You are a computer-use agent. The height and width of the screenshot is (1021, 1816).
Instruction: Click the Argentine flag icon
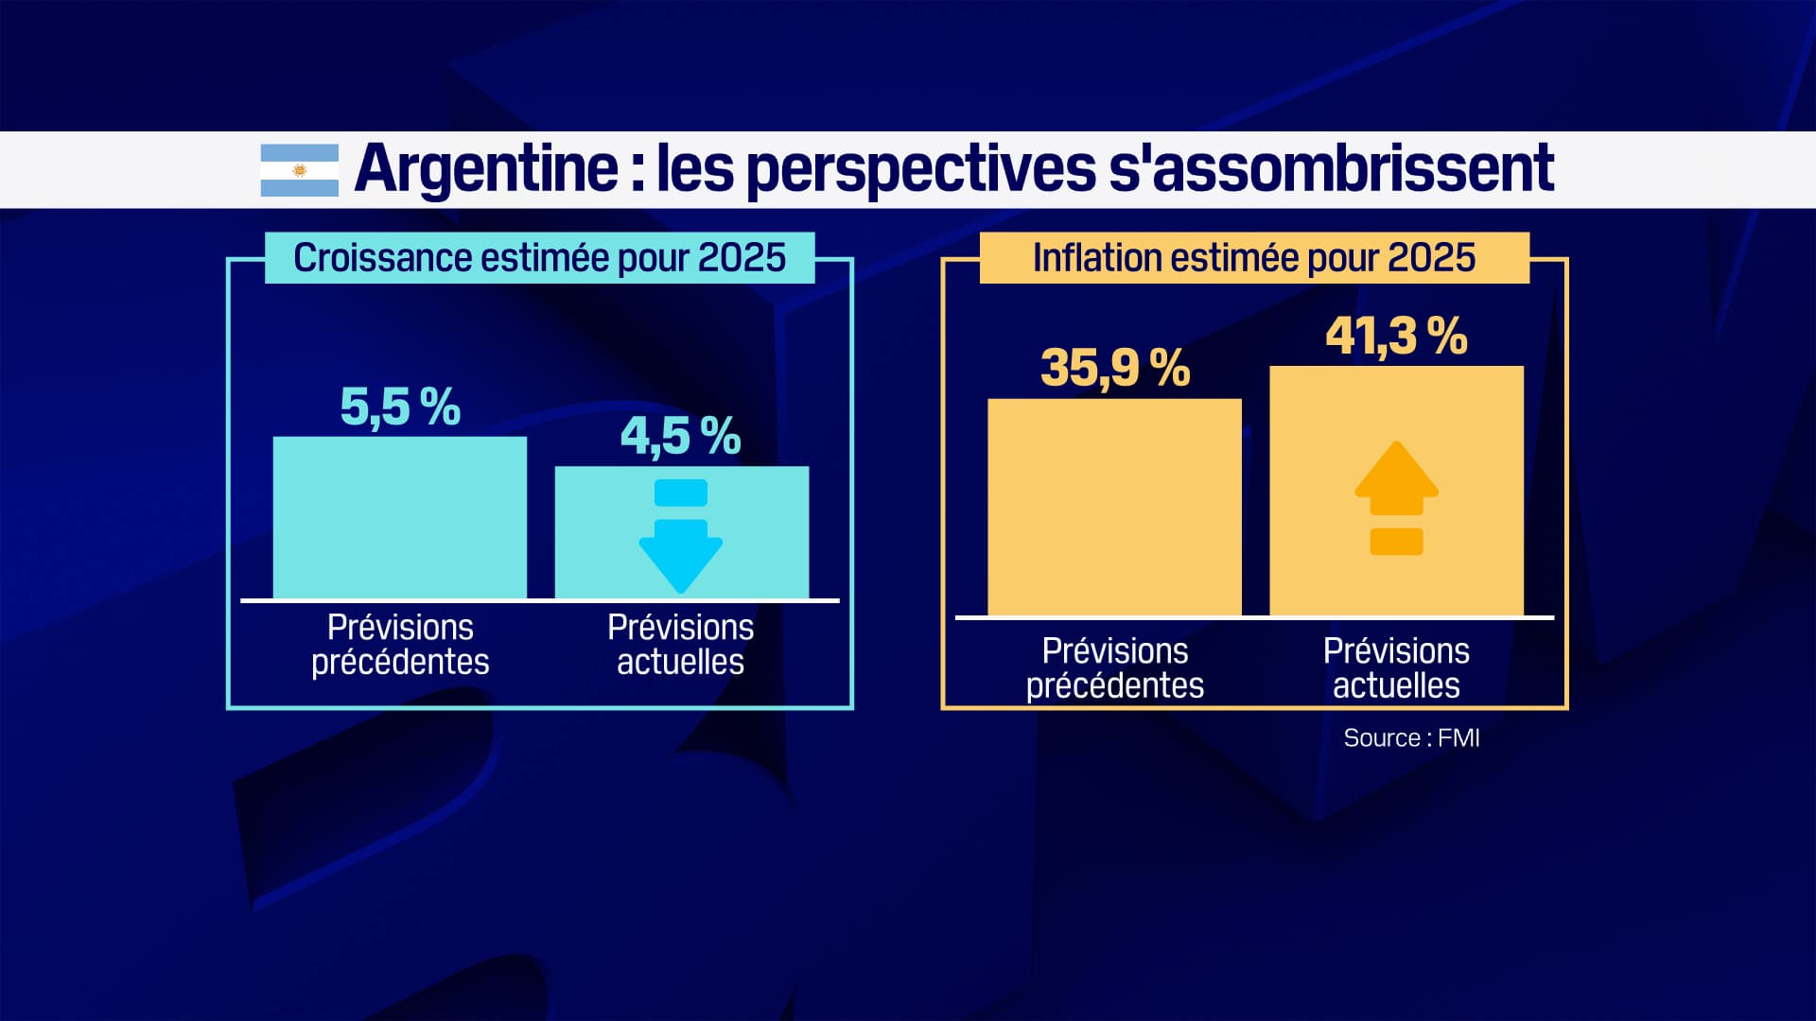(x=299, y=170)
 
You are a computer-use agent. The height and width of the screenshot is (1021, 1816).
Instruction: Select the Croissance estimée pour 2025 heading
(x=539, y=258)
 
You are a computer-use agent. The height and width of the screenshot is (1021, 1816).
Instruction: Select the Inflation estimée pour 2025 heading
(x=1253, y=258)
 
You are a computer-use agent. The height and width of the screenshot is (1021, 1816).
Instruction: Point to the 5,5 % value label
(x=400, y=407)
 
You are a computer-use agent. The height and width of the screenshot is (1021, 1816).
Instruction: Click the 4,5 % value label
(x=680, y=437)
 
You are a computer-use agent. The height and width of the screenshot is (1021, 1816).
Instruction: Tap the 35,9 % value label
(x=1114, y=368)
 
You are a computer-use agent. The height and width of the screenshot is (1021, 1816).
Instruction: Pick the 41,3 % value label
(x=1395, y=337)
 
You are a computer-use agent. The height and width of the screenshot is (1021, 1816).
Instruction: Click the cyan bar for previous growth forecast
(x=400, y=517)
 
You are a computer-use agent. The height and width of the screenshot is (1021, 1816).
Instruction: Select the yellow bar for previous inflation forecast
(x=1114, y=508)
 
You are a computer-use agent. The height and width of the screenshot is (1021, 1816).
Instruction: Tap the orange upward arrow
(x=1396, y=496)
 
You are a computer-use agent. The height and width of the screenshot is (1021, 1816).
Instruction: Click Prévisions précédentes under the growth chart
(x=400, y=645)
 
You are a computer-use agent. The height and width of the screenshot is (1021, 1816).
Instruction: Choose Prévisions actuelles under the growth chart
(x=680, y=645)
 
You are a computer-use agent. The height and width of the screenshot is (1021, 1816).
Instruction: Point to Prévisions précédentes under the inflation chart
(x=1114, y=668)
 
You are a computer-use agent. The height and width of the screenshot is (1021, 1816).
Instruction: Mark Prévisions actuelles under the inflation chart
(x=1395, y=668)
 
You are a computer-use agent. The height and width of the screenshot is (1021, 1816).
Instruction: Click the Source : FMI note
(x=1410, y=738)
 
